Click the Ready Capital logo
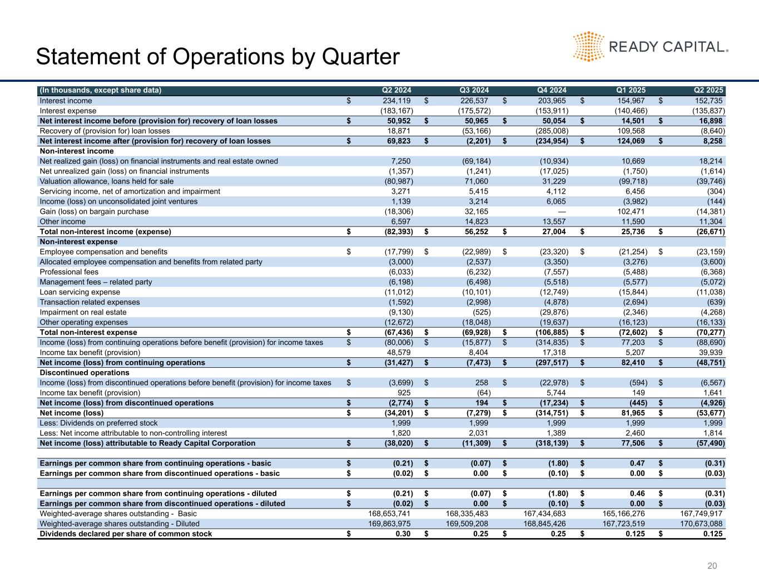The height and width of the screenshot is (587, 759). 650,46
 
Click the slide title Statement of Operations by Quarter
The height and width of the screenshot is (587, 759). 217,57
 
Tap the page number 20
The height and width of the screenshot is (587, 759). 712,566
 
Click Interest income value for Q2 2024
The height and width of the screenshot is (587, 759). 393,101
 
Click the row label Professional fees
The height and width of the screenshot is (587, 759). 69,272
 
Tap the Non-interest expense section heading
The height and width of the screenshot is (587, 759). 78,242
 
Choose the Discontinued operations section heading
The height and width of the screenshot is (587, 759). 85,373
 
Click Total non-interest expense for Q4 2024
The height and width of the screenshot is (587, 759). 549,332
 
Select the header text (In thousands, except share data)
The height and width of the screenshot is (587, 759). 100,90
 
